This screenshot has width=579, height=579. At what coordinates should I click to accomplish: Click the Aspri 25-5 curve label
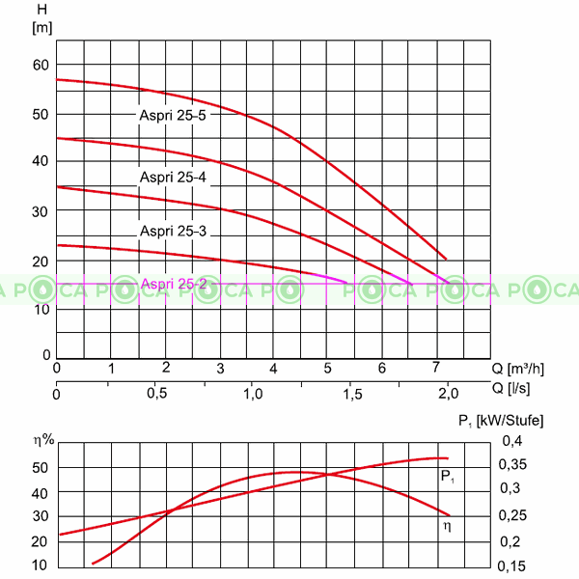(x=173, y=115)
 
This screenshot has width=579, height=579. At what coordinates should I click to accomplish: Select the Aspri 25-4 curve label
(x=173, y=177)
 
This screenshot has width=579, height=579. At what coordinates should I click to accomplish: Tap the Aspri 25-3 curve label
(x=173, y=231)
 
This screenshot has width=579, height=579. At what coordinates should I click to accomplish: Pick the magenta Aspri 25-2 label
(x=174, y=284)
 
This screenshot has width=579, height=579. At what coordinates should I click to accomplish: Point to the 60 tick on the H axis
(x=40, y=65)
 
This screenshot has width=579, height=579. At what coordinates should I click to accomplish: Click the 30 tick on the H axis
(x=40, y=211)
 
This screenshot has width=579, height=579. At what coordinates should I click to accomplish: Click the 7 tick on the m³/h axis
(x=437, y=368)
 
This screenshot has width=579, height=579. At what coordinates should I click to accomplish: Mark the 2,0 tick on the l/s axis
(x=449, y=394)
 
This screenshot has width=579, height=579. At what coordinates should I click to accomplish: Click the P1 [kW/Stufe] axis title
(x=500, y=421)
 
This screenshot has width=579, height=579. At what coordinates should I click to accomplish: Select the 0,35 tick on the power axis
(x=514, y=465)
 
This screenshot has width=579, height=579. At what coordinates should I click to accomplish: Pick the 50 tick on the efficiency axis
(x=40, y=467)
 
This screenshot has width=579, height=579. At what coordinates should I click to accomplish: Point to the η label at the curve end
(x=447, y=526)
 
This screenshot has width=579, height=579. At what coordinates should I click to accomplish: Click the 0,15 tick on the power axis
(x=514, y=565)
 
